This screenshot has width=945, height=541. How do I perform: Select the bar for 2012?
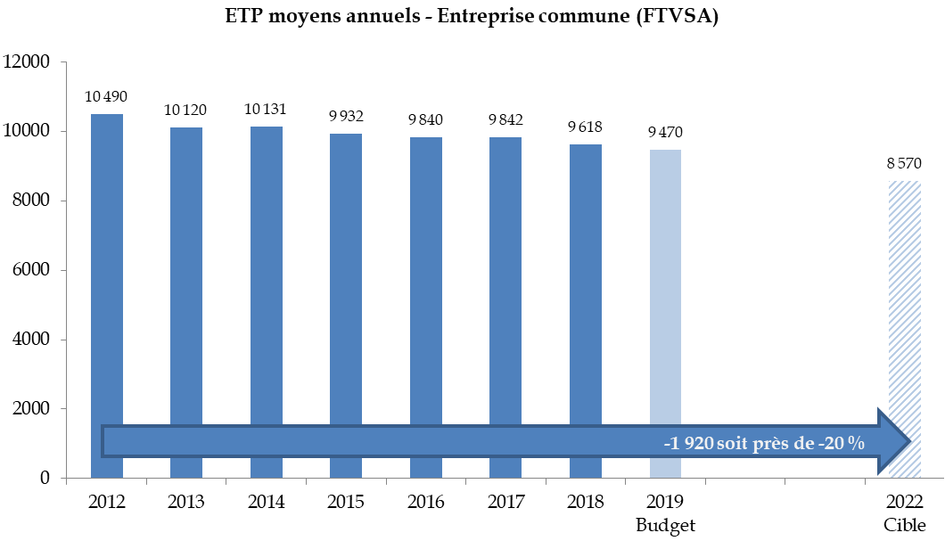(107, 267)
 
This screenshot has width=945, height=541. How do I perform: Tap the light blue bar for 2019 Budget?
(665, 285)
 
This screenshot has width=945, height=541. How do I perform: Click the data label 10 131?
(266, 109)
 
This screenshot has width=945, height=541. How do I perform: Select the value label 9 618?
(585, 127)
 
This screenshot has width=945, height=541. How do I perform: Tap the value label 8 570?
(904, 163)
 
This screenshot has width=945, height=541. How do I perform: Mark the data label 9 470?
(665, 132)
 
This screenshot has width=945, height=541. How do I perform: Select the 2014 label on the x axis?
(267, 502)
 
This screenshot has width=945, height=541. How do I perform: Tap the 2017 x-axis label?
(505, 502)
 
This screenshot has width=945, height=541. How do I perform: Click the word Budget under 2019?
(665, 524)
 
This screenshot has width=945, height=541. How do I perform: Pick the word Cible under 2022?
(904, 524)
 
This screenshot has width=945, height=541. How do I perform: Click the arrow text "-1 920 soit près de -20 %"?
(764, 443)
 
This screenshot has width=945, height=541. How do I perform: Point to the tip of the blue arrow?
(908, 441)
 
